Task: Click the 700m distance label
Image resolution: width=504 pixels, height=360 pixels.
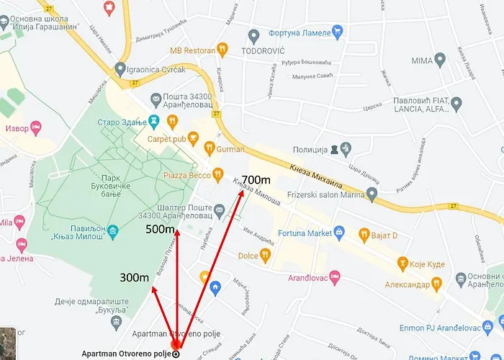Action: point(256,179)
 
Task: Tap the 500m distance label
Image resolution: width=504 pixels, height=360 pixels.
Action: point(160,229)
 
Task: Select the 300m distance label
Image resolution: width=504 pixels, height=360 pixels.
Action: point(135,277)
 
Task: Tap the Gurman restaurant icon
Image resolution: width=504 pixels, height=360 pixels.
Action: point(209,148)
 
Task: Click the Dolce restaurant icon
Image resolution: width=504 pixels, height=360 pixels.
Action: point(265,255)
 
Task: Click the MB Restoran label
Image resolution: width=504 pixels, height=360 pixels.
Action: point(192,50)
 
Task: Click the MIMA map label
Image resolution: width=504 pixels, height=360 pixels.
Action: point(424,60)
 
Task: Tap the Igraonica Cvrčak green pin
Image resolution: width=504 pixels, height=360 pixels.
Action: point(120,69)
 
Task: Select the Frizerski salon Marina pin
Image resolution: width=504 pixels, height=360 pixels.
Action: point(372,194)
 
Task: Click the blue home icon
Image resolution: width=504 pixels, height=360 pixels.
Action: point(215,288)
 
